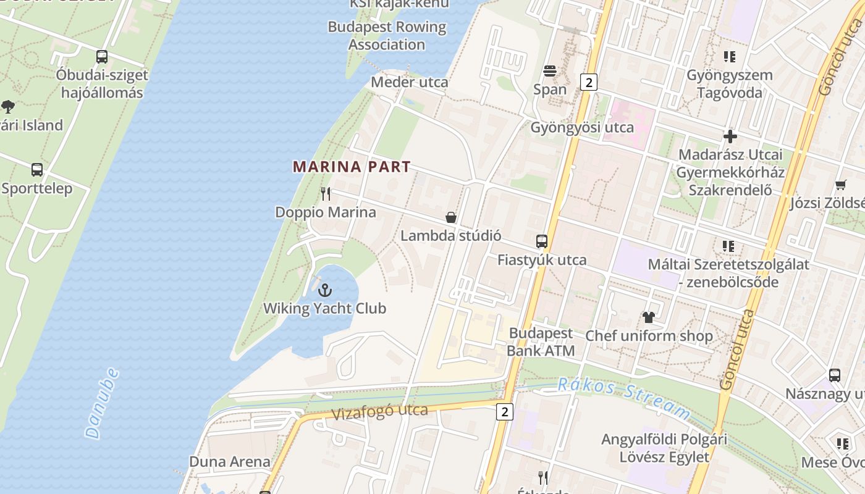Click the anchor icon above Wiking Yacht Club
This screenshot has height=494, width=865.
pos(324,290)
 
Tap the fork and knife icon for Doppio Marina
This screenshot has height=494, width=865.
pos(326,194)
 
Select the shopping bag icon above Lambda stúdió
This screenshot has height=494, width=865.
pos(451,217)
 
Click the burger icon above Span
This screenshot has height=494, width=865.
pos(549,70)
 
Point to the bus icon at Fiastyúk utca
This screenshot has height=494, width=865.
pos(542,241)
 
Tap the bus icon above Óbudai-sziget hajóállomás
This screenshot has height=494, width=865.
pos(102,57)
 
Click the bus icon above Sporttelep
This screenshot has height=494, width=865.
pos(37,170)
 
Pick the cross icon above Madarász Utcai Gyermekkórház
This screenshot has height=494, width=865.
pos(730,136)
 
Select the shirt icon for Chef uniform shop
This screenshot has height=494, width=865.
pos(648,317)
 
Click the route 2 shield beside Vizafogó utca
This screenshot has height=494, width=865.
pos(505,411)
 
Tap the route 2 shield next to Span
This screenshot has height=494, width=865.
pos(589,82)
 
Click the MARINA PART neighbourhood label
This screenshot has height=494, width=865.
pos(352,167)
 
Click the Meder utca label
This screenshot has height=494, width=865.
pos(410,82)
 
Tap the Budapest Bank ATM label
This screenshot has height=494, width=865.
pos(541,342)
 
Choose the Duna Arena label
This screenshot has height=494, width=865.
pos(229,461)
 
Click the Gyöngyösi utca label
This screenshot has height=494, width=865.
pos(582,127)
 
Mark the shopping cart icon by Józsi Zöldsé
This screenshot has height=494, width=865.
pos(840,185)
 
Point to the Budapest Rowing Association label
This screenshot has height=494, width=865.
pos(387,36)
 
